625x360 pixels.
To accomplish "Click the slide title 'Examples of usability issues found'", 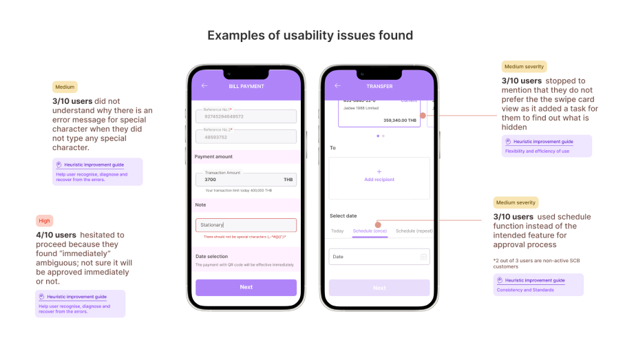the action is pyautogui.click(x=310, y=35).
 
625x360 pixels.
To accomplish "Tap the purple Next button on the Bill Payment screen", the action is pyautogui.click(x=246, y=287).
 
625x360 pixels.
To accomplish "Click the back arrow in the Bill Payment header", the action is pyautogui.click(x=204, y=86).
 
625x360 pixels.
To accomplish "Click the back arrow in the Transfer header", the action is pyautogui.click(x=337, y=86).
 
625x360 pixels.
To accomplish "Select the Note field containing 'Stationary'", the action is pyautogui.click(x=246, y=225).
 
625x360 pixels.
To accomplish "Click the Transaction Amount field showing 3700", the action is pyautogui.click(x=246, y=180).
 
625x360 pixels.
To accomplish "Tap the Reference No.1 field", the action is pyautogui.click(x=246, y=116).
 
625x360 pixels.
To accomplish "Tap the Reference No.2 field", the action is pyautogui.click(x=246, y=136).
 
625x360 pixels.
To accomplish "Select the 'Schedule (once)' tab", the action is pyautogui.click(x=370, y=231).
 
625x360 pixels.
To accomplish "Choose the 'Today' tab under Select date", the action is pyautogui.click(x=337, y=231).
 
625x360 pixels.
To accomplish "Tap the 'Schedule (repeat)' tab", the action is pyautogui.click(x=414, y=231).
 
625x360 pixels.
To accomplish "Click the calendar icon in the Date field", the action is pyautogui.click(x=423, y=257).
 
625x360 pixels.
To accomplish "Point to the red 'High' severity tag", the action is pyautogui.click(x=44, y=221).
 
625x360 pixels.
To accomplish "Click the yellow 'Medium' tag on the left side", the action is pyautogui.click(x=65, y=87).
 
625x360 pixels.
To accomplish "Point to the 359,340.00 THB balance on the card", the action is pyautogui.click(x=399, y=120).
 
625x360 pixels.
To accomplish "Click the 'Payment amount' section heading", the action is pyautogui.click(x=213, y=157).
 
